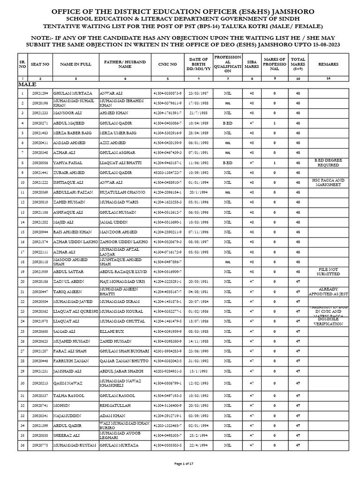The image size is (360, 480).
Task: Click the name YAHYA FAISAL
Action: pos(68,163)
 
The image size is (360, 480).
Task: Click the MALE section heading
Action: pos(27,84)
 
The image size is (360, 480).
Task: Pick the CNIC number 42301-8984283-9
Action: pos(167,351)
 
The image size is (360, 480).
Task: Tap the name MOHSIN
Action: pos(60,405)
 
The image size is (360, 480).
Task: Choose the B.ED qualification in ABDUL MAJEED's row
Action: pos(228,123)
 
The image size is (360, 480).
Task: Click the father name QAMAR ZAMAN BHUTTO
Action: pos(124,360)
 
